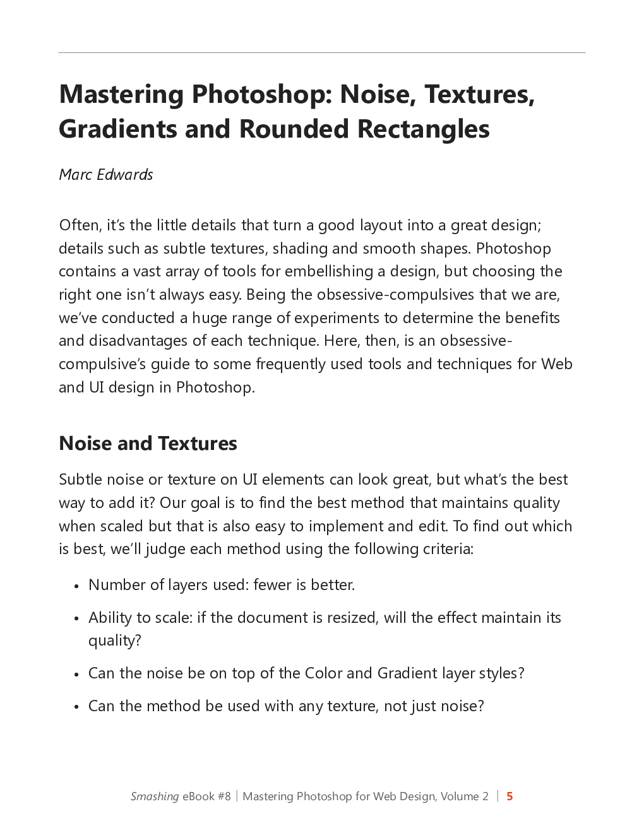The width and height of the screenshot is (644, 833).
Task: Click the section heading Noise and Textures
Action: tap(148, 443)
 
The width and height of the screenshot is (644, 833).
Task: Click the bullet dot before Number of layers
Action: tap(76, 586)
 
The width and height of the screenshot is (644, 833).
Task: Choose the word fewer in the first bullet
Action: tap(272, 585)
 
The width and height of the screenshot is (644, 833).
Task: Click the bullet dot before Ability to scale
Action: tap(76, 619)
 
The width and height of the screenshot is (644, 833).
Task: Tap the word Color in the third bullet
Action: tap(323, 673)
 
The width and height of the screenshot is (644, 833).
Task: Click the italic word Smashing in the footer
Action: tap(155, 796)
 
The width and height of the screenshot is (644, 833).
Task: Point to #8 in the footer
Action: tap(224, 796)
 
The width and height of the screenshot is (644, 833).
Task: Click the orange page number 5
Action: tap(510, 796)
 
